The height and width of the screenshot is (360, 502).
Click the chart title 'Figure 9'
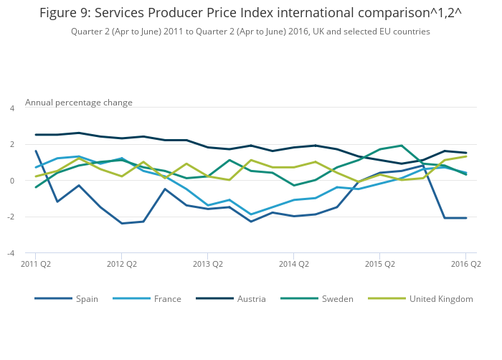pos(250,13)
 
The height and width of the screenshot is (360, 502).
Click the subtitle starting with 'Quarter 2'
pos(250,32)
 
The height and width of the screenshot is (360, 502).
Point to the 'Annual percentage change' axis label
pos(79,103)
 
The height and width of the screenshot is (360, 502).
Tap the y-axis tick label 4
pos(11,108)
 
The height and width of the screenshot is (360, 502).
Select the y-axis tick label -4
pos(11,253)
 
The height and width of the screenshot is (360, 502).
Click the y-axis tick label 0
pos(11,181)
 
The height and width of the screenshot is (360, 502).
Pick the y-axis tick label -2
pos(11,217)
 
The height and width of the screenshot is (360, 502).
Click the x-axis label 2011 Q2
pos(35,264)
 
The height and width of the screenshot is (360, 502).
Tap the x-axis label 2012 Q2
pos(121,264)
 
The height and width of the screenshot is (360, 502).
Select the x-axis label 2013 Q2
pos(207,264)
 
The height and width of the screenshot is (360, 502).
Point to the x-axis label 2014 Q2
pos(293,264)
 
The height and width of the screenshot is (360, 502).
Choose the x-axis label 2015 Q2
pos(380,264)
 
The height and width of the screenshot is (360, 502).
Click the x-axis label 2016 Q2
pos(466,264)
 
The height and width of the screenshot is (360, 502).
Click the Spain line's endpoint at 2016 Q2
pos(466,218)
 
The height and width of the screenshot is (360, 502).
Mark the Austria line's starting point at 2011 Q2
pos(35,135)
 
